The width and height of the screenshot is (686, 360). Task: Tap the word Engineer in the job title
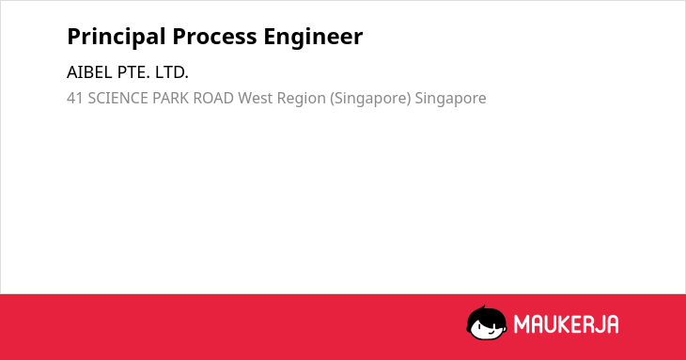click(x=313, y=37)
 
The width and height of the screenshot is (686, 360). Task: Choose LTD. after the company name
click(x=171, y=72)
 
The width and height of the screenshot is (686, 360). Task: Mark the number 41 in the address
click(x=75, y=99)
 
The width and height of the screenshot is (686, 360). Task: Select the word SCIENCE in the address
click(x=118, y=99)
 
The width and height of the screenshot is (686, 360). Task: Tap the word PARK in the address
click(x=171, y=99)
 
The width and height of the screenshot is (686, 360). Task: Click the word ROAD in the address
click(x=213, y=99)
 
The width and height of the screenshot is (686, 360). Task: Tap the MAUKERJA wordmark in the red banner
click(x=566, y=324)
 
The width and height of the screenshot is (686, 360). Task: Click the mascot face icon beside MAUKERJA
click(x=487, y=322)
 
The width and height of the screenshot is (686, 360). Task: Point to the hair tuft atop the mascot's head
click(x=483, y=307)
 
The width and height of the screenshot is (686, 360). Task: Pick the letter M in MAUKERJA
click(x=522, y=324)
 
